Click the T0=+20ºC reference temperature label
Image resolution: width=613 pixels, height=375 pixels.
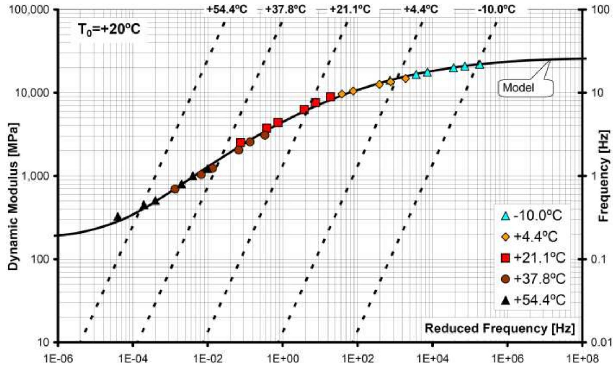click(x=109, y=29)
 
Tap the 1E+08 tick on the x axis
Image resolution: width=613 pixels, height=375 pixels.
click(x=582, y=359)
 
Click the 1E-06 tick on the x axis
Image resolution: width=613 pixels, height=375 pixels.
click(x=58, y=359)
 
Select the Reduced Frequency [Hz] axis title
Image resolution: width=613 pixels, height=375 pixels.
click(x=499, y=328)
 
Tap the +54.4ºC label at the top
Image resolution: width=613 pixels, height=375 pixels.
click(x=227, y=9)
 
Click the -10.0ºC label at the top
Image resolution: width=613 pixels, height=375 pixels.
click(x=496, y=9)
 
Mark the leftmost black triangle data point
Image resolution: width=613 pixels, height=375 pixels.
click(x=117, y=217)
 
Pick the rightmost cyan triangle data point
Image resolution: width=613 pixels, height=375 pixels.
click(x=479, y=65)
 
